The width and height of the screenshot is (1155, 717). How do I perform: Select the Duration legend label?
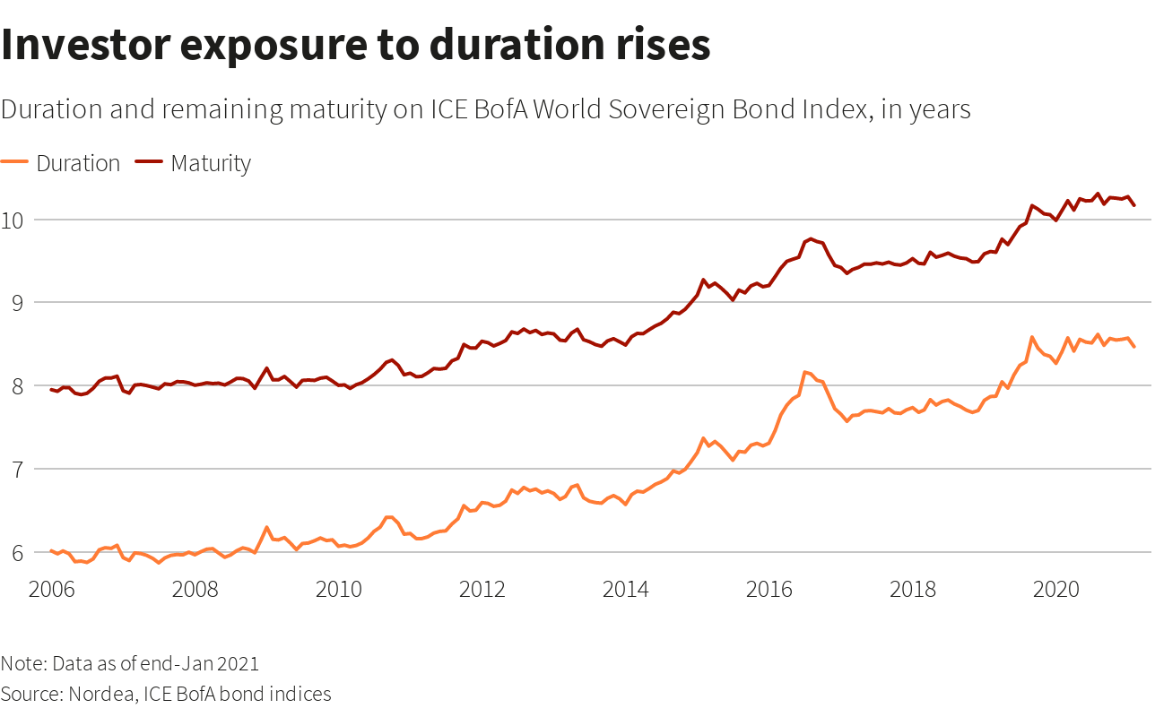pos(78,164)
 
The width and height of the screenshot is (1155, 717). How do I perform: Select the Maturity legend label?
pos(211,164)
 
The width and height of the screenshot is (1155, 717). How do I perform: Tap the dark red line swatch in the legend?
pos(149,162)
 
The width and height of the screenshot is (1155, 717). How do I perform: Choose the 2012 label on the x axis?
pos(483,591)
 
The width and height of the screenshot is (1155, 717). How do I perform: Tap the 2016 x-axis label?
pos(769,591)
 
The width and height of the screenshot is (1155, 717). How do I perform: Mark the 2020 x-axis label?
pos(1055,591)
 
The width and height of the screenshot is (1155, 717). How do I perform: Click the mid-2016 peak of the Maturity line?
pos(811,239)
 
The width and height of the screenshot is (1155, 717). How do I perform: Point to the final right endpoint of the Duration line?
pos(1134,347)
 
